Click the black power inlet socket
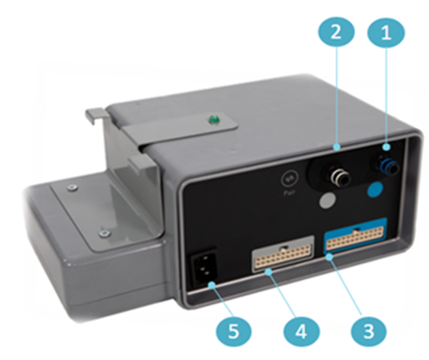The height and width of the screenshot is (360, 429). pyautogui.click(x=205, y=265)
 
